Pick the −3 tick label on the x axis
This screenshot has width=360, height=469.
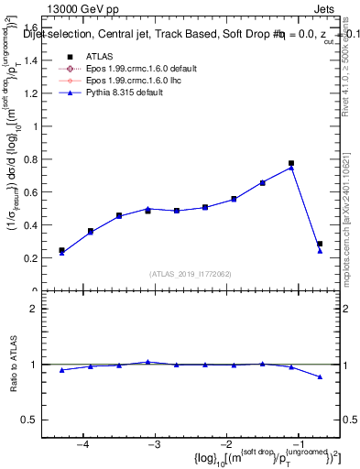click(x=154, y=443)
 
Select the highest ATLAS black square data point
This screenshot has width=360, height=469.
click(x=291, y=163)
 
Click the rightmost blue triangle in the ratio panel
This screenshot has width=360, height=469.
click(x=320, y=376)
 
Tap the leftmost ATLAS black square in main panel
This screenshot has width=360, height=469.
click(x=61, y=250)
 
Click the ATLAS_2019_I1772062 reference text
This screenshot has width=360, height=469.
click(x=190, y=274)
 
